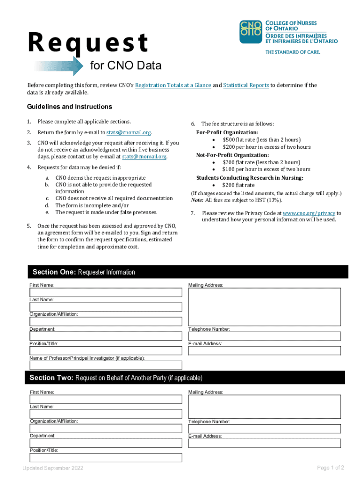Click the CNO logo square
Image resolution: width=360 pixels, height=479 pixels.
[x=251, y=32]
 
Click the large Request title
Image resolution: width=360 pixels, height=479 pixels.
[x=88, y=43]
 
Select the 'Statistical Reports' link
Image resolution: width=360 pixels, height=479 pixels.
[x=245, y=85]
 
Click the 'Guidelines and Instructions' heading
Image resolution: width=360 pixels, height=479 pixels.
[x=69, y=107]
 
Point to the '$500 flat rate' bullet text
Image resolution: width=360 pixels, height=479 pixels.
[x=261, y=139]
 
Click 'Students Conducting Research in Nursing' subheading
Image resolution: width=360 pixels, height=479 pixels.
[x=250, y=178]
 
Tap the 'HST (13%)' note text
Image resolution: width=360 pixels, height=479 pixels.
[x=265, y=200]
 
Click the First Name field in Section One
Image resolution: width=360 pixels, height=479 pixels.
[x=106, y=292]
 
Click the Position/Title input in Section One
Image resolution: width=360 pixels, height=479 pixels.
[x=106, y=350]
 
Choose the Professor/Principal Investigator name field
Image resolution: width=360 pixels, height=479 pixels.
[x=106, y=365]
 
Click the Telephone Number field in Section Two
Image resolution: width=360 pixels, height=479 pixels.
[x=265, y=428]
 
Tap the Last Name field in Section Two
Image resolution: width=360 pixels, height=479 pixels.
[x=106, y=414]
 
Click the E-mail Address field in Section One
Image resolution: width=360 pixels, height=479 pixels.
[x=265, y=350]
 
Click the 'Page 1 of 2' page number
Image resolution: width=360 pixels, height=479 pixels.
[x=331, y=468]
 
